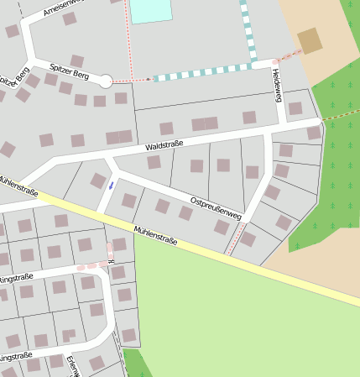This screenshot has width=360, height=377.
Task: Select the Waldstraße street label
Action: coord(164,146)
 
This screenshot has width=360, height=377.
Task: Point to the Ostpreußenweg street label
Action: coord(216,209)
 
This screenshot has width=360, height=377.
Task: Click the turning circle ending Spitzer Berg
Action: coord(106,81)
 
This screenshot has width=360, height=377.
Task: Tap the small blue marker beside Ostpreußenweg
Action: coord(111,186)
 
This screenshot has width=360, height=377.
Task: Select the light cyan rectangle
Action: coord(151,11)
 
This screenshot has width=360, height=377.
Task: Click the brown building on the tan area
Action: coord(310,40)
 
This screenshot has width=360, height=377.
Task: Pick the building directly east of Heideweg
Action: coord(295,108)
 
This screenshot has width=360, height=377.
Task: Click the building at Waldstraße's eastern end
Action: coord(314,133)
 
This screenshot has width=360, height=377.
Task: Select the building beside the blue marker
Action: coord(98,181)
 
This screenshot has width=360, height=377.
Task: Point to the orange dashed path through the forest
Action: coord(340,113)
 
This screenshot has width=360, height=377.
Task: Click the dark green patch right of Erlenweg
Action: coord(137,365)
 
